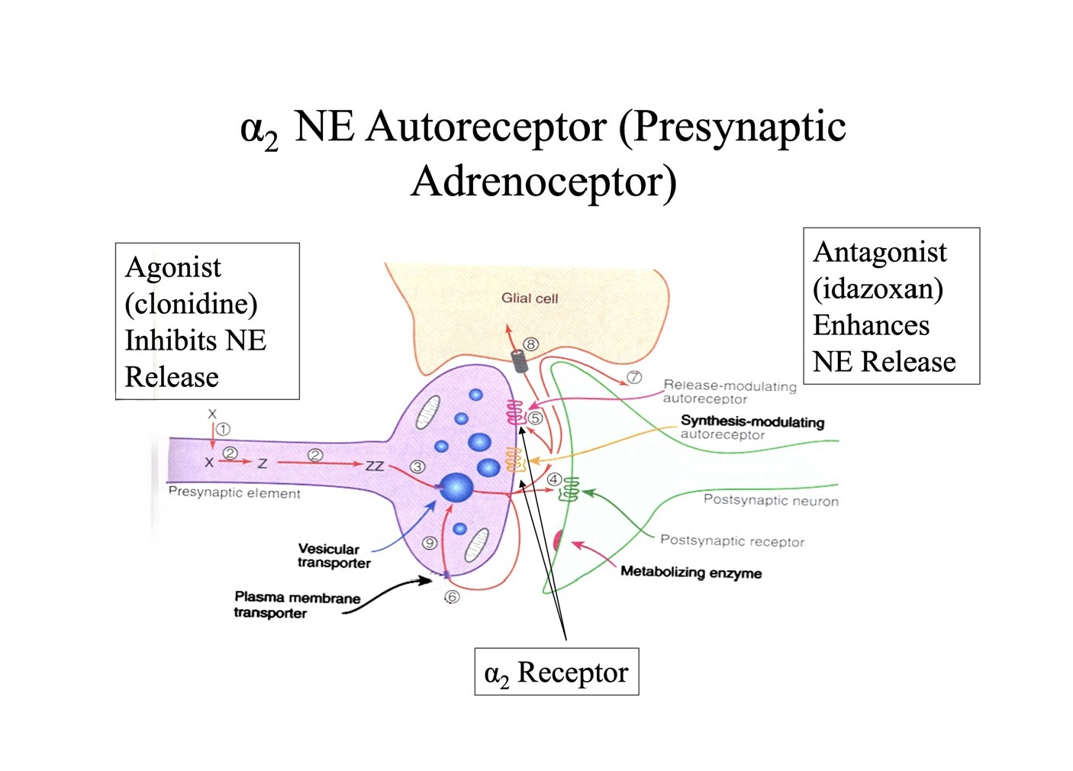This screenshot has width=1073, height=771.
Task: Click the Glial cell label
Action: (530, 298)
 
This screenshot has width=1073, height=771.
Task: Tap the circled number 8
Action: (530, 344)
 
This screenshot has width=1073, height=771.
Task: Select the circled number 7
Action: (634, 377)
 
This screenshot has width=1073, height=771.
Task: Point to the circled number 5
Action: (535, 418)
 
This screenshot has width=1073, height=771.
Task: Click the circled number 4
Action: (555, 479)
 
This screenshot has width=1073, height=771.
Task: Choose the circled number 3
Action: (417, 466)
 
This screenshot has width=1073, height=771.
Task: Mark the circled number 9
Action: (429, 543)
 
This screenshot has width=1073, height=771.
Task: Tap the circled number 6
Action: (452, 597)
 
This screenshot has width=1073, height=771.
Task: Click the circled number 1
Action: (223, 429)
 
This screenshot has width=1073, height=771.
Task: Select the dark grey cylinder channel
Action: (519, 361)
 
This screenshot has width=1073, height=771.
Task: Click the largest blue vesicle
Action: (456, 488)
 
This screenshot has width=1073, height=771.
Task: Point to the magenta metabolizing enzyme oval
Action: (558, 540)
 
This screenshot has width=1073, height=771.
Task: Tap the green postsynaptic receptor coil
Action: (569, 489)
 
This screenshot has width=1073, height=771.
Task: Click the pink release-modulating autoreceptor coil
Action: (515, 412)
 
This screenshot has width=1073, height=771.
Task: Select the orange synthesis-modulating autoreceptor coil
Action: (514, 460)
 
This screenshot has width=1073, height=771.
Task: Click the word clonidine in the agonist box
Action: (191, 304)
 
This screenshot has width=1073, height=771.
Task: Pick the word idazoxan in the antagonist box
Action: (878, 289)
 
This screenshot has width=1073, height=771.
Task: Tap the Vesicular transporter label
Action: (333, 556)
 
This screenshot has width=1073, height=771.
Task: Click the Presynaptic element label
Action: (234, 492)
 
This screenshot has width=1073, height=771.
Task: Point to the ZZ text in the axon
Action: (375, 466)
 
